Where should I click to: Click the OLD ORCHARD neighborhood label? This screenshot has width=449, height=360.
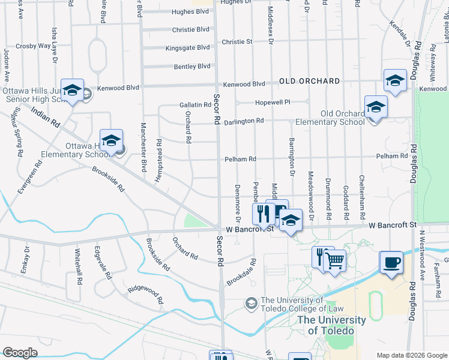[309, 81]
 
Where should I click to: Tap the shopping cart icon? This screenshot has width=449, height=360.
[335, 260]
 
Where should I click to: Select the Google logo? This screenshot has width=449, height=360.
[20, 353]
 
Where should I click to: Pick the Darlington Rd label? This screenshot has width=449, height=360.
[244, 121]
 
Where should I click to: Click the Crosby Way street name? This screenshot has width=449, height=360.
[34, 46]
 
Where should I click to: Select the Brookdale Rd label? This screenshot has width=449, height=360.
[241, 272]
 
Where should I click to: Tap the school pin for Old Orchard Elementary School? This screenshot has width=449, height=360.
[376, 108]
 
